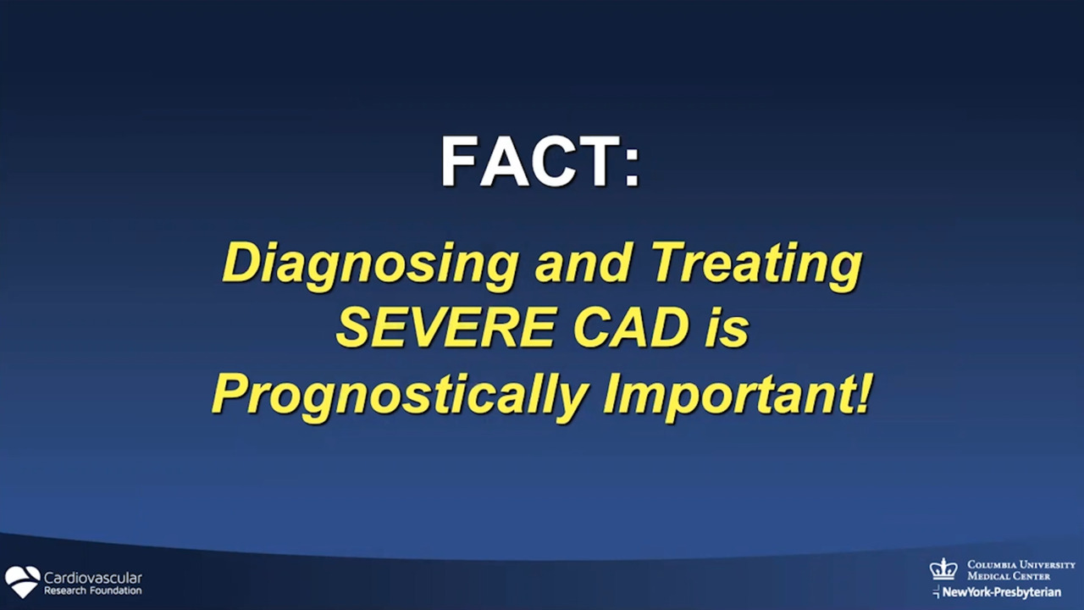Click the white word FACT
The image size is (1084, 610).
point(530,161)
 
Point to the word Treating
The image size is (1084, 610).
point(756,266)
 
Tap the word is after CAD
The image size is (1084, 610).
point(727,329)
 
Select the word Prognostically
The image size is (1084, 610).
point(400,395)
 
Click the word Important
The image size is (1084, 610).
point(729,395)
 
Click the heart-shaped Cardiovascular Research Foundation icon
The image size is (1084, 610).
point(23,581)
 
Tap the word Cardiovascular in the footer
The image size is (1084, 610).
point(93,578)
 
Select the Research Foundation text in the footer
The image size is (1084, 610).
point(93,591)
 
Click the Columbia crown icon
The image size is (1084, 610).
point(943,568)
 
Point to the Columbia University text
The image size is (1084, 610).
point(1021,564)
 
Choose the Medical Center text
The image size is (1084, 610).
point(1009,575)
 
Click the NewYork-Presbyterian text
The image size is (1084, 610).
point(1002,592)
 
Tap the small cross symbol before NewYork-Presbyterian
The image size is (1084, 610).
point(936,591)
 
